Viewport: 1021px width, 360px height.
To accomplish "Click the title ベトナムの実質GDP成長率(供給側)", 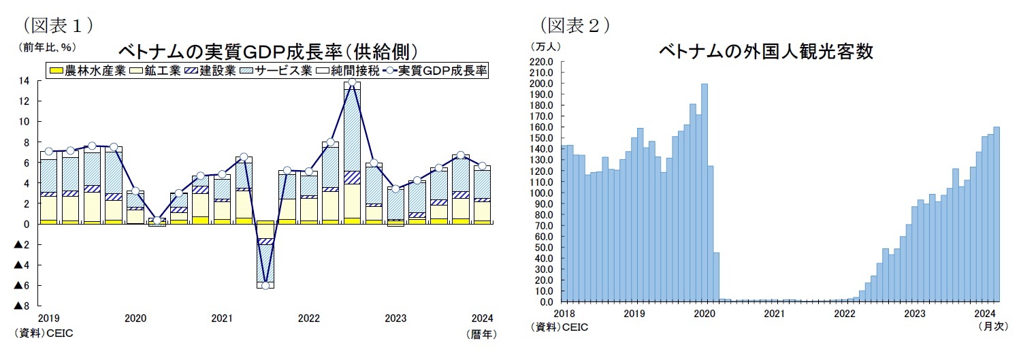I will pos(267,52).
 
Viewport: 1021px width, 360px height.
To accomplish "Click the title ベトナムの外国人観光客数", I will pos(765,52).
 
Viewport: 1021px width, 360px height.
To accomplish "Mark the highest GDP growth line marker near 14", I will pos(352,82).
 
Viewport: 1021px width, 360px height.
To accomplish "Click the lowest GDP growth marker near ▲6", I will pos(265,285).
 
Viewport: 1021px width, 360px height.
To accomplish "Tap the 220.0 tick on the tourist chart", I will pos(542,62).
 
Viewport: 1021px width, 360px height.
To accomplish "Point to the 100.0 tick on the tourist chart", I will pos(542,193).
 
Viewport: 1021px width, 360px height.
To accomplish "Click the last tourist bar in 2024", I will pos(996,214).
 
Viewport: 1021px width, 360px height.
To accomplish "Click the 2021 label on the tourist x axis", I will pos(773,314).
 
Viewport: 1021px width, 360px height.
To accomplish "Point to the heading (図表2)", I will pos(574,25).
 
